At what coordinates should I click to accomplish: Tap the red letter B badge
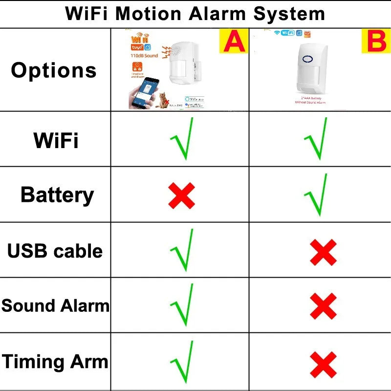[x=376, y=41]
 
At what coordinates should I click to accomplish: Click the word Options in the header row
[x=54, y=70]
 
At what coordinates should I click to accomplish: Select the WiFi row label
[x=56, y=141]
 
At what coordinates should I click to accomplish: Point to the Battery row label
[x=57, y=195]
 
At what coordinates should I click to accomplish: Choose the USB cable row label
[x=55, y=251]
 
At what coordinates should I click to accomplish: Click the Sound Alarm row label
[x=55, y=306]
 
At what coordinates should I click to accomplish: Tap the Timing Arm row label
[x=55, y=362]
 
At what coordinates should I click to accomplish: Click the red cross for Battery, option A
[x=181, y=196]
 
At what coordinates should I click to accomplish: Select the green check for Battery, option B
[x=316, y=195]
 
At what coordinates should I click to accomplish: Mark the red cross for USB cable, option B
[x=323, y=252]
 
